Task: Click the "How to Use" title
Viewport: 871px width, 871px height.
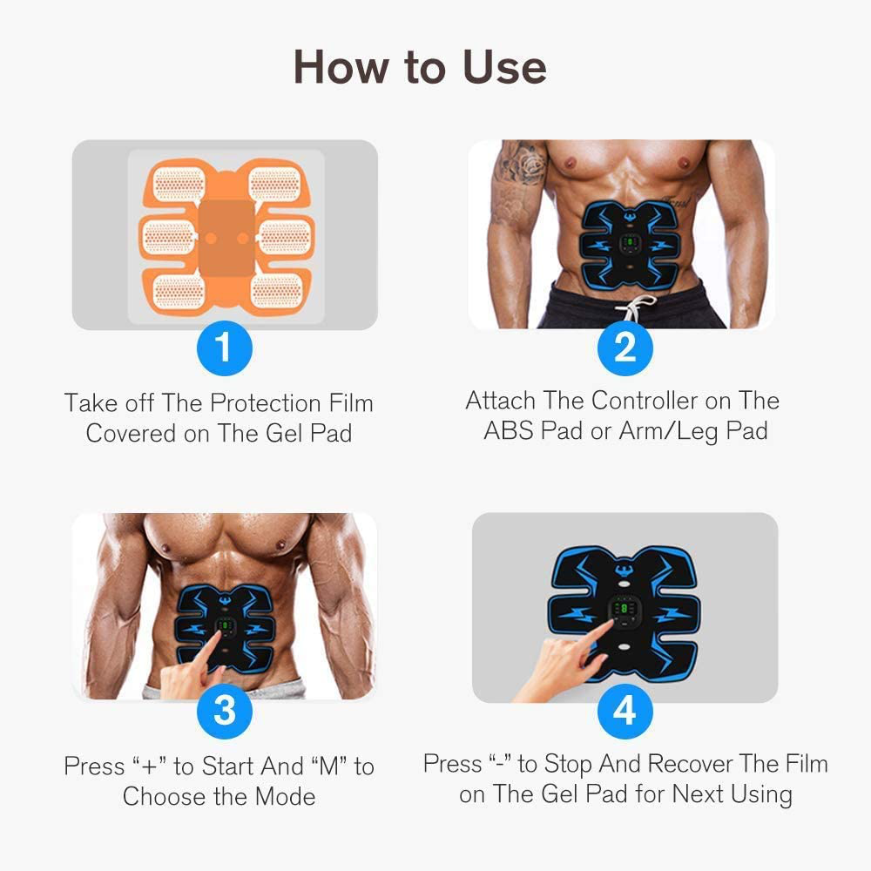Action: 420,67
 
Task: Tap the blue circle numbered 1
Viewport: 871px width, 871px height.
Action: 224,348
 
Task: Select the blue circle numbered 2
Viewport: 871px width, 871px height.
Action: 625,348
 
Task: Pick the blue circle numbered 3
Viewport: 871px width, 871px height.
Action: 224,710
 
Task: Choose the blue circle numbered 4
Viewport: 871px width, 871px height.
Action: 625,710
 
